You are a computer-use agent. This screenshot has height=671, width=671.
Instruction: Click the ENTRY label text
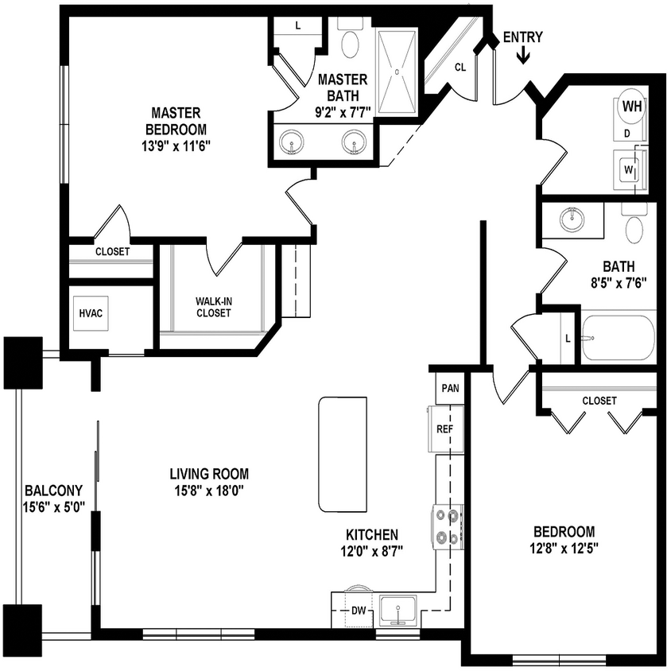click(523, 37)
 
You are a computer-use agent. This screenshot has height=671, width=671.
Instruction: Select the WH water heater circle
click(632, 107)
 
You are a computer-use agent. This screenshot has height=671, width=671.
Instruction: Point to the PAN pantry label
click(451, 389)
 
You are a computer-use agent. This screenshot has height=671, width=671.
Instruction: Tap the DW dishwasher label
click(359, 611)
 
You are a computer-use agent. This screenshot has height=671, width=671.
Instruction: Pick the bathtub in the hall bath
click(618, 337)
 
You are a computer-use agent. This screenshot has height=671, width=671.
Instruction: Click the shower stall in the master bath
click(396, 72)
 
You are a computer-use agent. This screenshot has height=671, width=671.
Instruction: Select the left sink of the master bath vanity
click(293, 144)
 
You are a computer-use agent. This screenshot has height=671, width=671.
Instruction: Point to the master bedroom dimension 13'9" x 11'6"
click(176, 145)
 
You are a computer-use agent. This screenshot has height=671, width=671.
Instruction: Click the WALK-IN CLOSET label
click(213, 307)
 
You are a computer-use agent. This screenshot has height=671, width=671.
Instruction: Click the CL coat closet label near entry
click(460, 67)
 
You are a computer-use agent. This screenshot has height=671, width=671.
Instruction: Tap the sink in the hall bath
click(571, 217)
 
